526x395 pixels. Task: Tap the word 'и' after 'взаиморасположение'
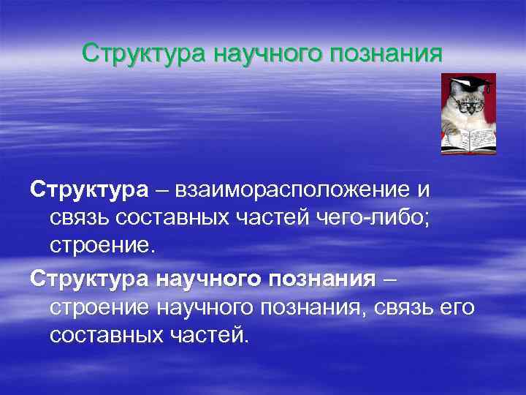[423, 190]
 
